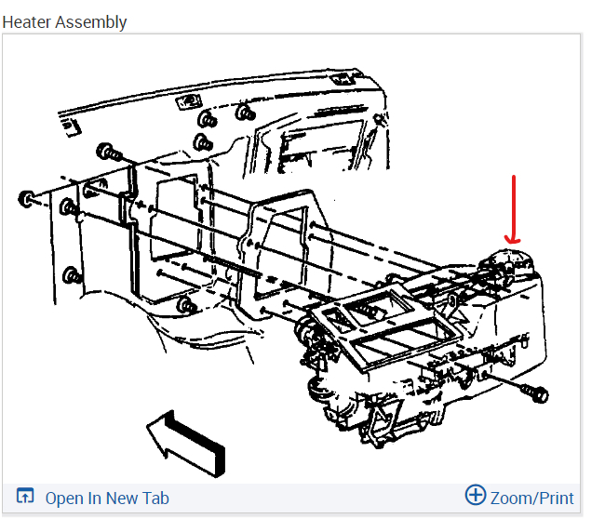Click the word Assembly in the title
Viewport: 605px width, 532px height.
[x=91, y=21]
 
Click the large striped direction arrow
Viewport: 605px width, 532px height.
[x=186, y=441]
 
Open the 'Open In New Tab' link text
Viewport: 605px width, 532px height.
[x=107, y=499]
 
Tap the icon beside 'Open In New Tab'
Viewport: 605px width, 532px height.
[x=26, y=498]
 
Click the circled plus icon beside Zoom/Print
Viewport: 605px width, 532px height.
[x=476, y=496]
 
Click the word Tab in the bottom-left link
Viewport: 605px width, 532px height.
[x=155, y=499]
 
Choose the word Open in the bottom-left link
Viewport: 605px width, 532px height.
[x=63, y=499]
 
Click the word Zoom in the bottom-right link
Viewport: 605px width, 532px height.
[x=509, y=499]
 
